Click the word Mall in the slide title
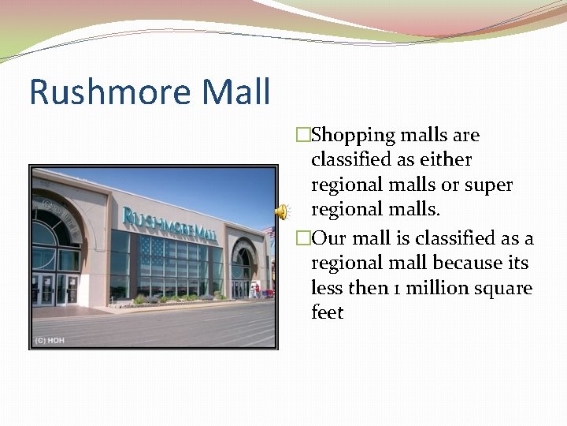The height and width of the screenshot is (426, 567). click(235, 92)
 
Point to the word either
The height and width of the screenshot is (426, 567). click(447, 159)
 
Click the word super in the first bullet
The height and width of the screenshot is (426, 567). click(488, 185)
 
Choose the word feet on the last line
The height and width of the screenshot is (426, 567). click(328, 312)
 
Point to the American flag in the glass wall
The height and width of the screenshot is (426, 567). click(155, 251)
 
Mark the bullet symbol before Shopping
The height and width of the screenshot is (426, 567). click(300, 136)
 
